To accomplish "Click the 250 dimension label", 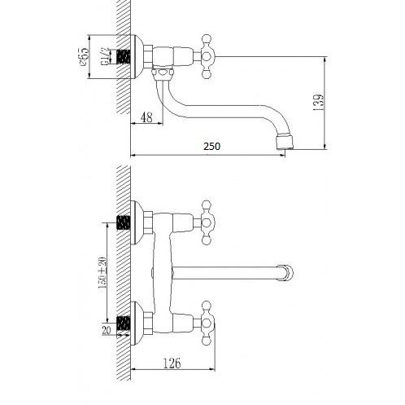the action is pyautogui.click(x=212, y=147).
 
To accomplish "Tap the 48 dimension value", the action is pyautogui.click(x=146, y=117).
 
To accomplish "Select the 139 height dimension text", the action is pyautogui.click(x=318, y=102).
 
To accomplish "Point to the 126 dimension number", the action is pyautogui.click(x=172, y=363).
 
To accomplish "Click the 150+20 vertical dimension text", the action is pyautogui.click(x=102, y=272).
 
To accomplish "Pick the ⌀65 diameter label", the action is pyautogui.click(x=84, y=57).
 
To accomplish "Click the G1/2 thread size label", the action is pyautogui.click(x=105, y=57).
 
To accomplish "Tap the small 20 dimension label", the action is pyautogui.click(x=107, y=330).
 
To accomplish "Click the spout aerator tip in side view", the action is pyautogui.click(x=285, y=143).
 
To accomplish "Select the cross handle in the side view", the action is pyautogui.click(x=207, y=57).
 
